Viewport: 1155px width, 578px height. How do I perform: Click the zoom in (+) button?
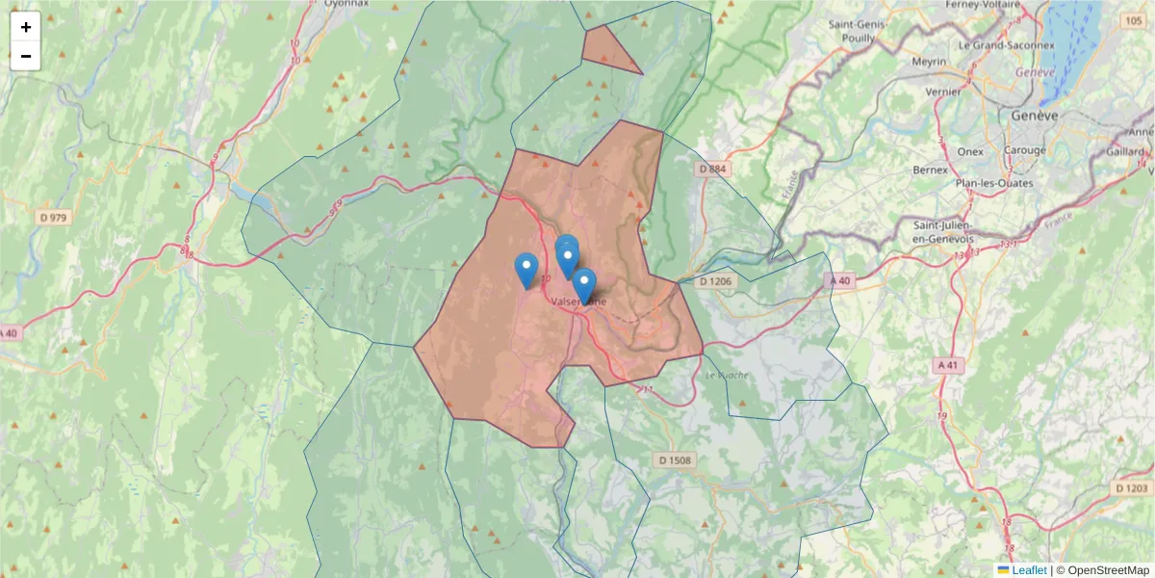[x=26, y=27]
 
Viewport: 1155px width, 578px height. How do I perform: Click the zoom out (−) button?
[x=26, y=56]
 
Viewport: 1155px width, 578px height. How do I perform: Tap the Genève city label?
[x=1034, y=115]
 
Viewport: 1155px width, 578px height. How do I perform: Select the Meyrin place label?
[x=928, y=62]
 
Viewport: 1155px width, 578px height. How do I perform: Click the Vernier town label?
[x=942, y=92]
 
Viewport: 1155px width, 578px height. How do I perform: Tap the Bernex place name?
[x=930, y=170]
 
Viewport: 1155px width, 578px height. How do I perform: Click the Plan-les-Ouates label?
[x=994, y=183]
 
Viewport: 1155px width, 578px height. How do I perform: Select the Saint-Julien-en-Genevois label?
[x=943, y=231]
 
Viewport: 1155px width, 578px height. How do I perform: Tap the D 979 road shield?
[x=55, y=218]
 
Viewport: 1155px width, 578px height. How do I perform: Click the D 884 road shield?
[x=711, y=169]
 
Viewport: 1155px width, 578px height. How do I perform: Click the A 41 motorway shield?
[x=948, y=365]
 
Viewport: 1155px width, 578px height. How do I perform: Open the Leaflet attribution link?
[x=1029, y=570]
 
